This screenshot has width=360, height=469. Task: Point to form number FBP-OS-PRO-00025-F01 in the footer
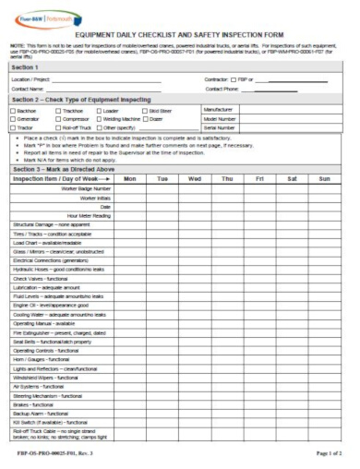click(x=46, y=456)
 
